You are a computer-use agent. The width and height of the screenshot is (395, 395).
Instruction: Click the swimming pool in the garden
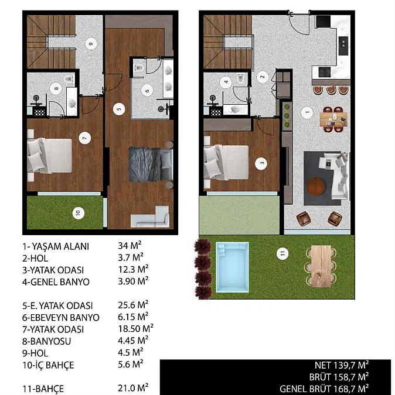click(x=232, y=267)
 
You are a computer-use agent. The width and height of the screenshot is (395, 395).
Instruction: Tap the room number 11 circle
click(x=282, y=253)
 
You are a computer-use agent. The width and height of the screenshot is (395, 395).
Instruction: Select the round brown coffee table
click(x=315, y=187)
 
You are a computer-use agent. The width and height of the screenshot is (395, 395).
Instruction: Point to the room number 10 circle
click(x=79, y=213)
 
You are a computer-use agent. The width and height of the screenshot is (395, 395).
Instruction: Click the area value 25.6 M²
click(x=133, y=305)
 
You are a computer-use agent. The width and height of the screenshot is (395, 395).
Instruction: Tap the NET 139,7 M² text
click(x=342, y=365)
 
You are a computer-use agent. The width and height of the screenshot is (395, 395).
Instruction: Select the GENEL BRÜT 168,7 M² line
click(x=324, y=389)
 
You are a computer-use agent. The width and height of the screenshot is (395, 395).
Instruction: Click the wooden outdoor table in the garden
click(x=321, y=266)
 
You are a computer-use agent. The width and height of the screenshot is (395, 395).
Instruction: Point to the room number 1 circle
click(x=307, y=112)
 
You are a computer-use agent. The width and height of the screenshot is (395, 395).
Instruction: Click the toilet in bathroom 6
click(x=139, y=67)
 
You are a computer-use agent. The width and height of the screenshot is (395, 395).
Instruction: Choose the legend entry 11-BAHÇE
click(x=43, y=389)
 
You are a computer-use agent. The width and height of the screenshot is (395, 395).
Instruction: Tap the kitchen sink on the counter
click(x=343, y=46)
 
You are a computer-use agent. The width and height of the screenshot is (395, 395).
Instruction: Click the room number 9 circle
click(x=91, y=44)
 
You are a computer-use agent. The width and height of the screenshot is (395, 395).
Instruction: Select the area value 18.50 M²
click(x=136, y=329)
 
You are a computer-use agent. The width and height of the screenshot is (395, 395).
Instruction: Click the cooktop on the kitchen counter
click(x=324, y=72)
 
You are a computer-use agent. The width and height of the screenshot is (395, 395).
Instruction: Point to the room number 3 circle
click(x=261, y=163)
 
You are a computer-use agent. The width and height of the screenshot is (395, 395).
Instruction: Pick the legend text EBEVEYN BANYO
click(x=65, y=318)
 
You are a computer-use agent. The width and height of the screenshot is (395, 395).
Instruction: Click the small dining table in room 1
click(x=333, y=119)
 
